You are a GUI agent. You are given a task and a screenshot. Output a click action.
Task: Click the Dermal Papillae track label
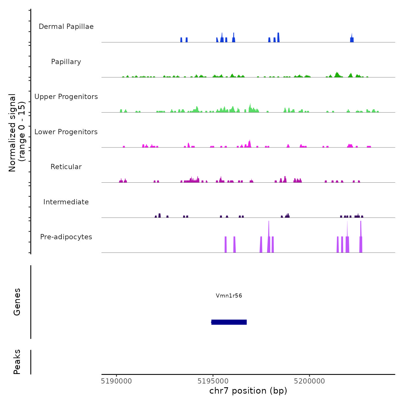(x=66, y=27)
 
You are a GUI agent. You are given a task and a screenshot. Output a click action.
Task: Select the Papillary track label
(x=66, y=62)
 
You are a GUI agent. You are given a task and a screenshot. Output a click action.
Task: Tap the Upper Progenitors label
(x=66, y=97)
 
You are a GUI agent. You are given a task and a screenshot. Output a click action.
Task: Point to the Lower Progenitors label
(x=66, y=132)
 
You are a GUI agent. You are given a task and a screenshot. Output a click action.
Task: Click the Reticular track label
(x=66, y=167)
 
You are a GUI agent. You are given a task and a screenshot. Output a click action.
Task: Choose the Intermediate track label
(x=66, y=202)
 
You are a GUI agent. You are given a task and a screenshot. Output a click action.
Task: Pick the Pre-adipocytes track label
(x=66, y=237)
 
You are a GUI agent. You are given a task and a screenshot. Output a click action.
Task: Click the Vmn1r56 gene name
(x=229, y=295)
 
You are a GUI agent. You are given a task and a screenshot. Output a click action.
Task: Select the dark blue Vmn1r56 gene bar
(x=229, y=322)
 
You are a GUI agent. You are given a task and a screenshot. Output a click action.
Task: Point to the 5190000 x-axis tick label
(x=116, y=381)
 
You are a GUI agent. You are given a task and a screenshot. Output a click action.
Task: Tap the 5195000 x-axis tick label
(x=213, y=381)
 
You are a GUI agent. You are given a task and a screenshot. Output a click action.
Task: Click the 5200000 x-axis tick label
(x=309, y=381)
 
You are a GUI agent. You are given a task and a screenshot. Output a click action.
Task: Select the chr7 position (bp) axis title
(x=248, y=391)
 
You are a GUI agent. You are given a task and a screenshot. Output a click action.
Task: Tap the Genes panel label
(x=17, y=302)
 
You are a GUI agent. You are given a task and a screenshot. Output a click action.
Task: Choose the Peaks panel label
(x=17, y=362)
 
